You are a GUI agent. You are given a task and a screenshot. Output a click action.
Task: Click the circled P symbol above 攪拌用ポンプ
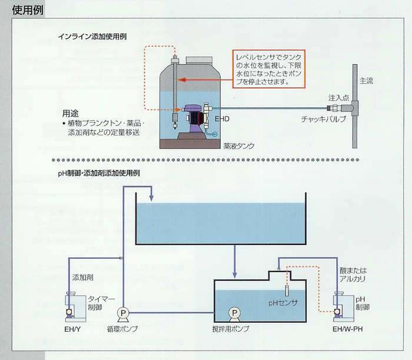click(234, 313)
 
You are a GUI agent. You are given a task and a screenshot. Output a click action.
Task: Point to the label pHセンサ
click(283, 303)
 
